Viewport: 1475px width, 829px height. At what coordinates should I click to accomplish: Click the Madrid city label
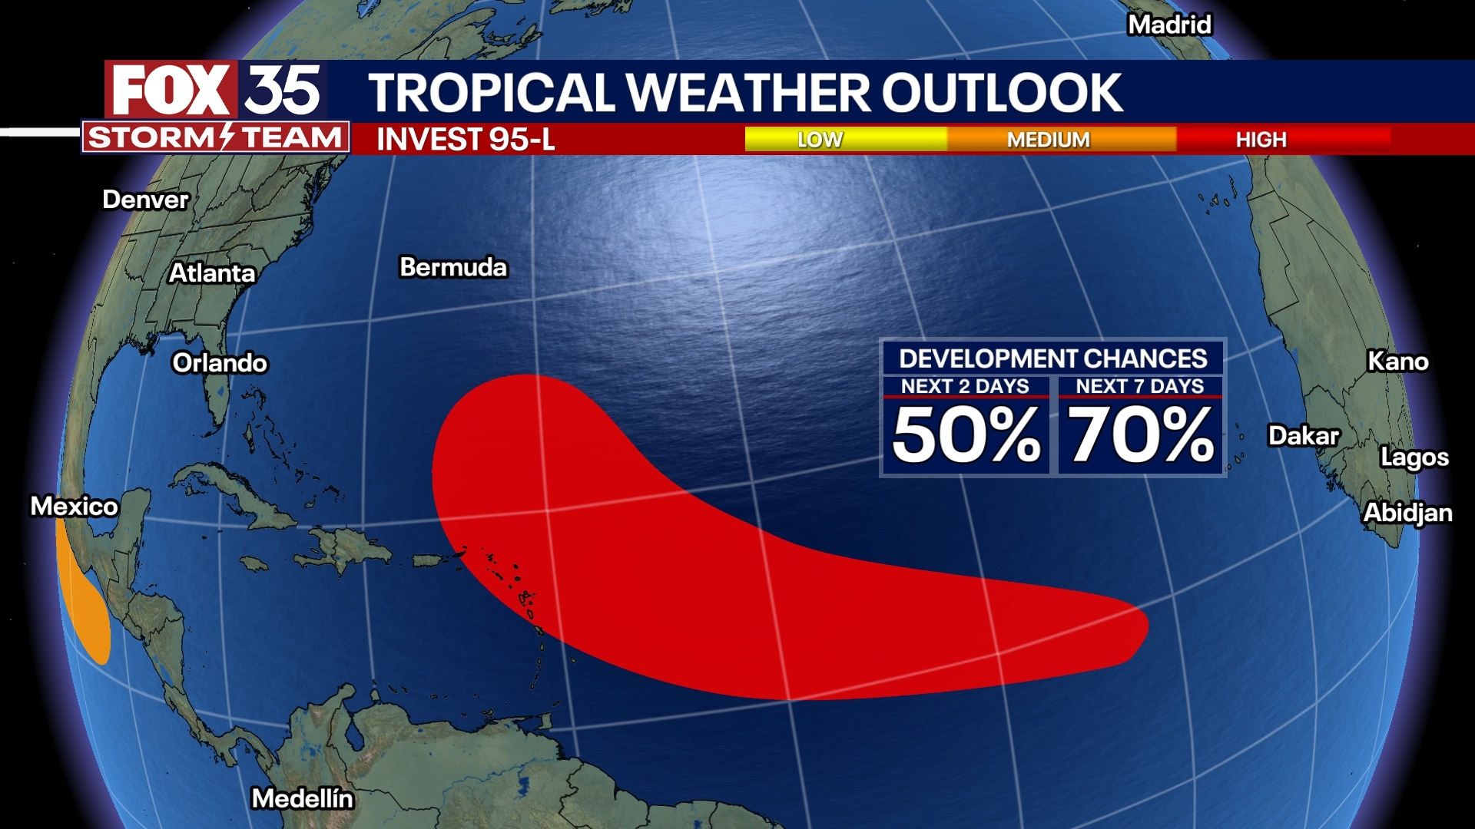[1169, 25]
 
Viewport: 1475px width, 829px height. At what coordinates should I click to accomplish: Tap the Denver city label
[145, 200]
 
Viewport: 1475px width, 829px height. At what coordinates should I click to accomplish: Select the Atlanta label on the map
[212, 273]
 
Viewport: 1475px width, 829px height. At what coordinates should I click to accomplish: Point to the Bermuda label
[453, 267]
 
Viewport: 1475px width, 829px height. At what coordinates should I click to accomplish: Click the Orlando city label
[220, 363]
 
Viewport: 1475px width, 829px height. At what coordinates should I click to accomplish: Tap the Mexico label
[74, 507]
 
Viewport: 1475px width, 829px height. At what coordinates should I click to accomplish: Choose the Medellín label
[303, 799]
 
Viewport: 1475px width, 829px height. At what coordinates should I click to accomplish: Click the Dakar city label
[1303, 436]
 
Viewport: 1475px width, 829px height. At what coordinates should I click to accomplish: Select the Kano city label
[1397, 362]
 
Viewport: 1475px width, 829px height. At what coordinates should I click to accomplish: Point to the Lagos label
[1414, 457]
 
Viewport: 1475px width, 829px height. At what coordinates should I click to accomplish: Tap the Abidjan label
[1407, 513]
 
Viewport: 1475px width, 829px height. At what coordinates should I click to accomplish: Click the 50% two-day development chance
[966, 435]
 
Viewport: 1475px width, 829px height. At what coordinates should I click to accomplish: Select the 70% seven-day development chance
[1141, 435]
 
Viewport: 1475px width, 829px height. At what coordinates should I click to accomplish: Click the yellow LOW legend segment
[845, 140]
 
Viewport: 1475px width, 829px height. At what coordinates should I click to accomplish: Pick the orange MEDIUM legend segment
[1060, 140]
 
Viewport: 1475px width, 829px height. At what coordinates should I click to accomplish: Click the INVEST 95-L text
[466, 140]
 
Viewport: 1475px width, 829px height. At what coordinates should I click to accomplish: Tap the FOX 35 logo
[216, 90]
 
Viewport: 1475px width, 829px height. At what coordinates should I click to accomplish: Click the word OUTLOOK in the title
[1002, 93]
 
